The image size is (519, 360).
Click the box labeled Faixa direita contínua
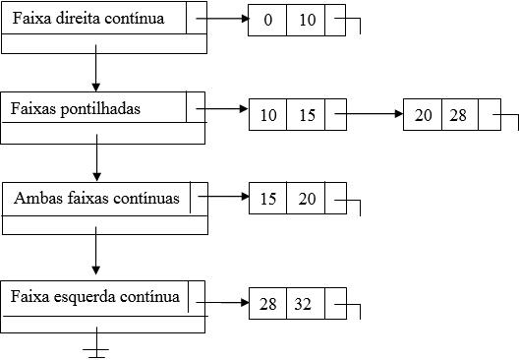point(93,19)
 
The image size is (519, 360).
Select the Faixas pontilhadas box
point(92,108)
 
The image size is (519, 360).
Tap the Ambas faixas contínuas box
point(96,198)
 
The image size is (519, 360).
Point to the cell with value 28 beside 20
point(458,116)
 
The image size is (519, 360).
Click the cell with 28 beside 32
point(267,305)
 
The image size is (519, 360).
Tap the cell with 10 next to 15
point(267,116)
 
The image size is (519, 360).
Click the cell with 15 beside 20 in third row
point(267,200)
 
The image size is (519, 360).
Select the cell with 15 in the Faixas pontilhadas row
point(306,116)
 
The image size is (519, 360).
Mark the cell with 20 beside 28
point(423,116)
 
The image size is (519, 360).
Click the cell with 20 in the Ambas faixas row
point(306,200)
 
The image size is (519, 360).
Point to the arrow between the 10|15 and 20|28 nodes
point(369,114)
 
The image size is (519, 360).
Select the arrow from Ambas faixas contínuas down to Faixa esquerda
point(95,254)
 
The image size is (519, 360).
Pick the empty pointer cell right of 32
point(335,305)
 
